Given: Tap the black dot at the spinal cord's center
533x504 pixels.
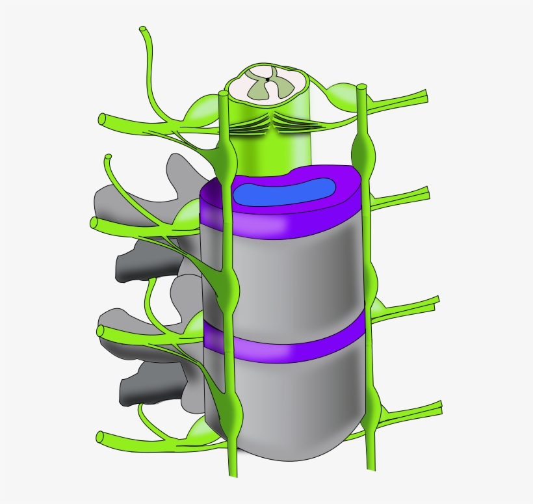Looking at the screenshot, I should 267,80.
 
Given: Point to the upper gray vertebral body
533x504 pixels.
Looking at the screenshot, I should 286,273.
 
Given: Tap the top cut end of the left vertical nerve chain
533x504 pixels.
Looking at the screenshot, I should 224,95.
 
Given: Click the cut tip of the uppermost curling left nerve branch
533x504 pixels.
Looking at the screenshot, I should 143,30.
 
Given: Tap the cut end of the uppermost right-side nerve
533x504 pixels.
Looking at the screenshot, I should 426,98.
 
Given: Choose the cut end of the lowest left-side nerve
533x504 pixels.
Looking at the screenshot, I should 101,436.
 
